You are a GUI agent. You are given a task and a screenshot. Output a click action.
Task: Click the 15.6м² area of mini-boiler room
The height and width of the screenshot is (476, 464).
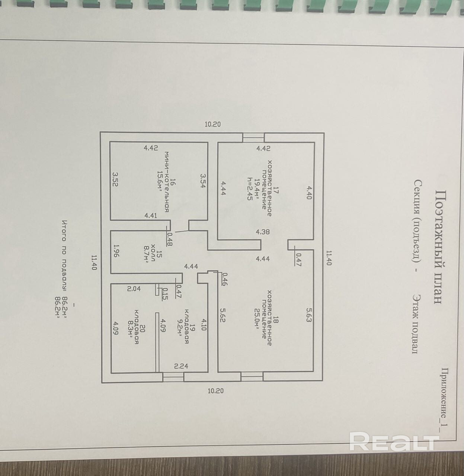coord(159,181)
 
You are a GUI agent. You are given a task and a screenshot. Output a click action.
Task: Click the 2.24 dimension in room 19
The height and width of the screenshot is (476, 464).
coord(181,366)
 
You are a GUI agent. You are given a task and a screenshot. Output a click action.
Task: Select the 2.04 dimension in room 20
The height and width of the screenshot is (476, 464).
coord(134,289)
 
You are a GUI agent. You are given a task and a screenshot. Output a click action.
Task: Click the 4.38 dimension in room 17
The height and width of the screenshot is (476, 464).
coord(263,231)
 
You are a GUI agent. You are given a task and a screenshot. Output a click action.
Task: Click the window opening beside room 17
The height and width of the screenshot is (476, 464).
coord(253,138)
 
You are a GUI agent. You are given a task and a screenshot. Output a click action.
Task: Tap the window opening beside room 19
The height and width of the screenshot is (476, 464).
coord(173,377)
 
